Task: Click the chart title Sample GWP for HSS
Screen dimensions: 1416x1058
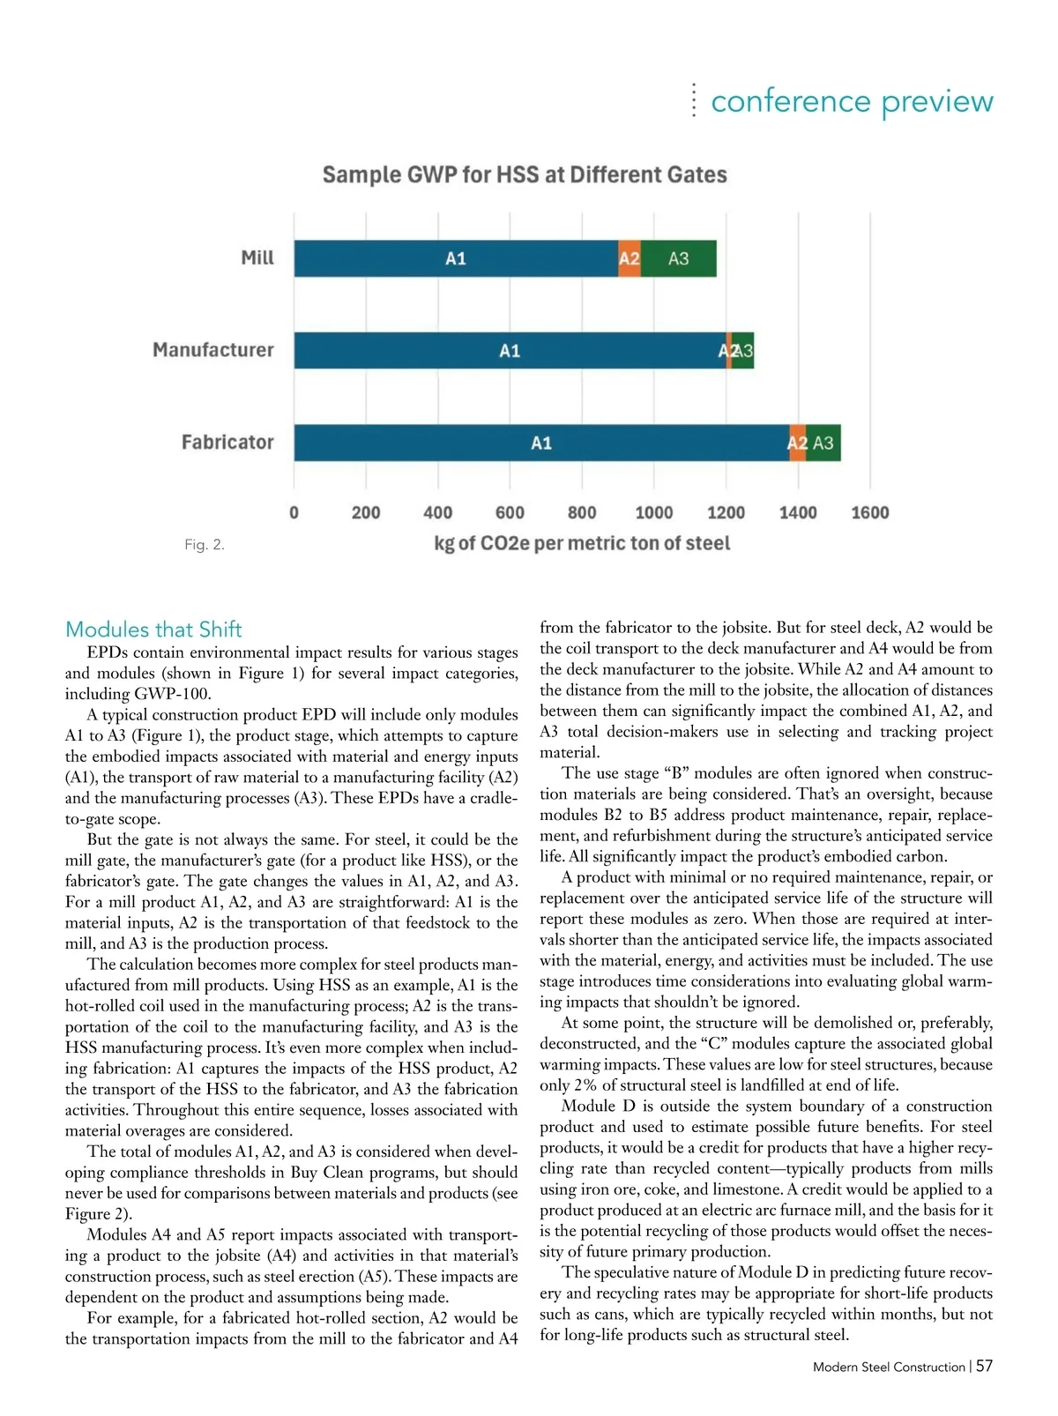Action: [x=525, y=175]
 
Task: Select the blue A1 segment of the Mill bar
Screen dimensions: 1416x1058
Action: [x=456, y=258]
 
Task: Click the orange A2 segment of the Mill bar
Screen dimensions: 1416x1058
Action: [x=630, y=258]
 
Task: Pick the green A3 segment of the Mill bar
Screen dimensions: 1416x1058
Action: [x=678, y=258]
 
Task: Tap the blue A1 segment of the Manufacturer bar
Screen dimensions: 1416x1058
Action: [x=510, y=351]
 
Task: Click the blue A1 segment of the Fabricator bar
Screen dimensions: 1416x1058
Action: [x=541, y=443]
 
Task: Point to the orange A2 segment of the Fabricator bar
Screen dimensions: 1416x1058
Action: [x=797, y=443]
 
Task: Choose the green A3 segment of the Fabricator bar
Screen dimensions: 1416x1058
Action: [x=823, y=443]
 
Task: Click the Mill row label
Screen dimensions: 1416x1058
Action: [x=257, y=257]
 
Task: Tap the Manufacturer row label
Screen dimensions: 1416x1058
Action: [x=213, y=350]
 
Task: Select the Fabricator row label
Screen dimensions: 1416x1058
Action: [x=227, y=442]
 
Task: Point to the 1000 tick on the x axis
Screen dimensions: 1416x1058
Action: [x=654, y=513]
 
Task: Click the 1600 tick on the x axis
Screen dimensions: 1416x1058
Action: [x=870, y=513]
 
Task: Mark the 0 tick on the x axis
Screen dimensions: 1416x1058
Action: [x=294, y=513]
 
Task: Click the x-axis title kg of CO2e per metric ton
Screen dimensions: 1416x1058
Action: [x=582, y=543]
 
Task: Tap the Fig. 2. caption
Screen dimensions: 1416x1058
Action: [x=205, y=545]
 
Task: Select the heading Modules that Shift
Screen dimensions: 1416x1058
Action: [x=153, y=630]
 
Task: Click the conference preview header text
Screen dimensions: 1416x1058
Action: [x=852, y=101]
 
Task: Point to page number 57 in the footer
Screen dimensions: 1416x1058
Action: [x=985, y=1366]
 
